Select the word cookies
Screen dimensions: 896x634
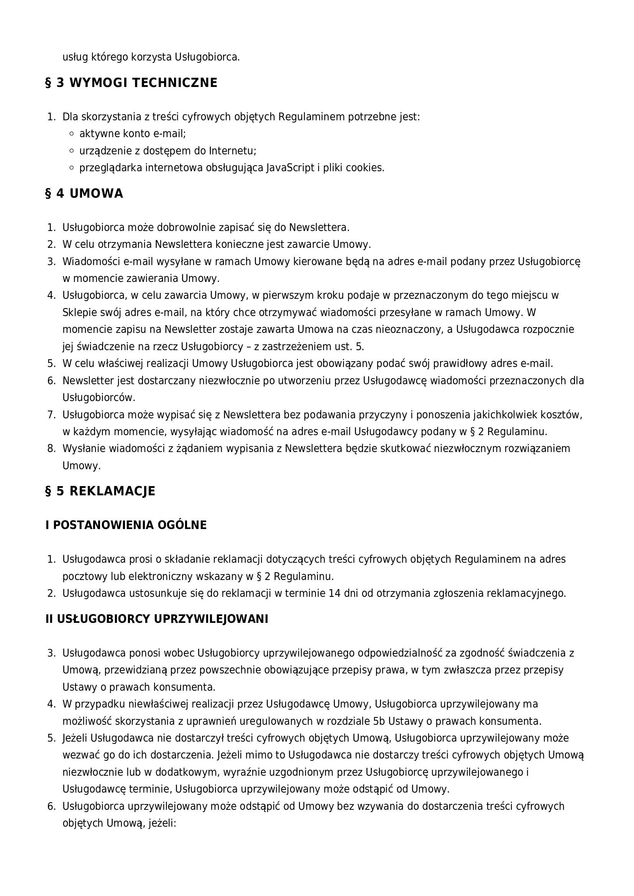coord(365,168)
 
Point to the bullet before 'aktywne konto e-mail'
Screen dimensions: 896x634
coord(71,134)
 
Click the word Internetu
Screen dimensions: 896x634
coord(232,151)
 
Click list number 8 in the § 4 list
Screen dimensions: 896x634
coord(51,449)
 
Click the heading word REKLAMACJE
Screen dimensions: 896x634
coord(112,491)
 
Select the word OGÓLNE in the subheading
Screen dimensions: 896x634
coord(182,525)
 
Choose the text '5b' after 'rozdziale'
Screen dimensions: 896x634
coord(379,721)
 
